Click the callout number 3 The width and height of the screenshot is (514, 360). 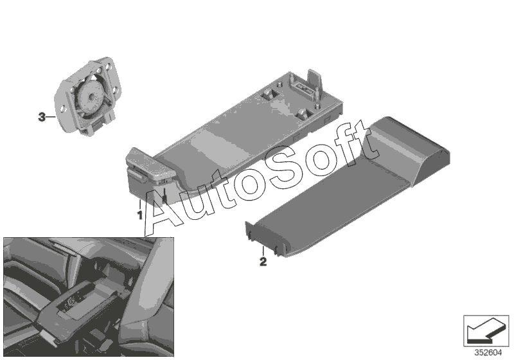(42, 117)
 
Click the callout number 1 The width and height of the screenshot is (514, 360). (140, 215)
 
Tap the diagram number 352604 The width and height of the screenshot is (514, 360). (488, 353)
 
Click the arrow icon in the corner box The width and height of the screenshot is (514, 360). (486, 331)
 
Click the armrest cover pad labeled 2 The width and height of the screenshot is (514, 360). (348, 186)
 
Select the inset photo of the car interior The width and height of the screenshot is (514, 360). (89, 297)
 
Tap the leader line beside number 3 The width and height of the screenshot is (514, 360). (50, 117)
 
